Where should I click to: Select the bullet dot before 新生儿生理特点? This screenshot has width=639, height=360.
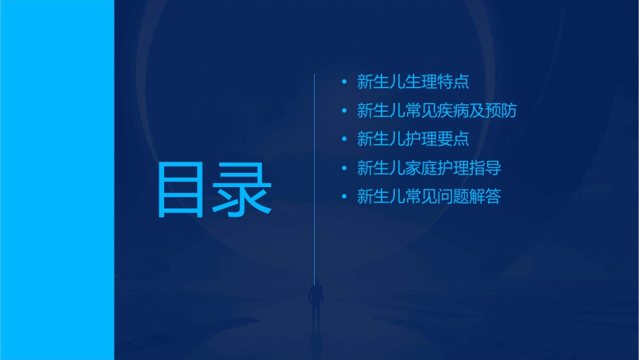click(x=344, y=83)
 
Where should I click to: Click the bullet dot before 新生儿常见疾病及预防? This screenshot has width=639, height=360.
click(x=344, y=111)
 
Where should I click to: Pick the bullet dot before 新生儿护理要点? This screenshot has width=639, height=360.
click(x=344, y=139)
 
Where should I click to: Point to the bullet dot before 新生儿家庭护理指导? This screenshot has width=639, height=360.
click(x=344, y=168)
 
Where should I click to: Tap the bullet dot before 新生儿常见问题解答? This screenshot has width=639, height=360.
click(x=344, y=197)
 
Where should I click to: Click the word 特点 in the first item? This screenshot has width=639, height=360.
click(x=453, y=83)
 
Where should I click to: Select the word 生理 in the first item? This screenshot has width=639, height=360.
click(x=421, y=83)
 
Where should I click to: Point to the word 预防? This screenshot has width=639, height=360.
click(x=501, y=111)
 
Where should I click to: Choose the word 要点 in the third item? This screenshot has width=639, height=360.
click(x=453, y=139)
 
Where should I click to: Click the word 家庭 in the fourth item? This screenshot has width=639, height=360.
click(x=421, y=168)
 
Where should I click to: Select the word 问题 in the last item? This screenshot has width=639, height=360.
click(x=453, y=197)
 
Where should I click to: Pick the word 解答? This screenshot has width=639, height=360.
click(x=485, y=197)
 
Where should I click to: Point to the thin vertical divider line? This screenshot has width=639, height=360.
click(x=315, y=168)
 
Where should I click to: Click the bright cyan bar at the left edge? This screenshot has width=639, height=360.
click(x=57, y=180)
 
